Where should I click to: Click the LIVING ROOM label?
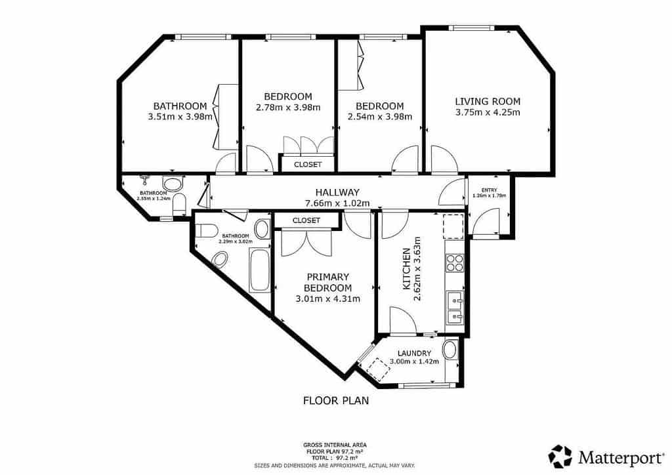pyautogui.click(x=488, y=101)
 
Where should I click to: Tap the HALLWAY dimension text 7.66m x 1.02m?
pyautogui.click(x=337, y=203)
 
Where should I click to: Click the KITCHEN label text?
pyautogui.click(x=406, y=269)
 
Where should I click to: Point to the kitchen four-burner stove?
pyautogui.click(x=454, y=262)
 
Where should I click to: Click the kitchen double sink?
pyautogui.click(x=454, y=309)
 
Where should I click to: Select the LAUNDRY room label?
pyautogui.click(x=409, y=352)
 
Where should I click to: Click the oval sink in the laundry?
pyautogui.click(x=450, y=349)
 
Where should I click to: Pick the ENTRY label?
pyautogui.click(x=489, y=190)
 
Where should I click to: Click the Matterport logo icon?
pyautogui.click(x=560, y=455)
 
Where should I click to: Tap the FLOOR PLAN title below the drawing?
pyautogui.click(x=335, y=400)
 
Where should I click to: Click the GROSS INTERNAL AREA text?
pyautogui.click(x=335, y=444)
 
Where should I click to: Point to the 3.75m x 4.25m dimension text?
pyautogui.click(x=488, y=112)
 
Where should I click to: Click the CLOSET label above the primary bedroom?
pyautogui.click(x=306, y=220)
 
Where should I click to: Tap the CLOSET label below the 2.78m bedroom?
pyautogui.click(x=308, y=164)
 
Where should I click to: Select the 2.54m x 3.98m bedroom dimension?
pyautogui.click(x=379, y=117)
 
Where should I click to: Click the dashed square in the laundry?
pyautogui.click(x=378, y=371)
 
